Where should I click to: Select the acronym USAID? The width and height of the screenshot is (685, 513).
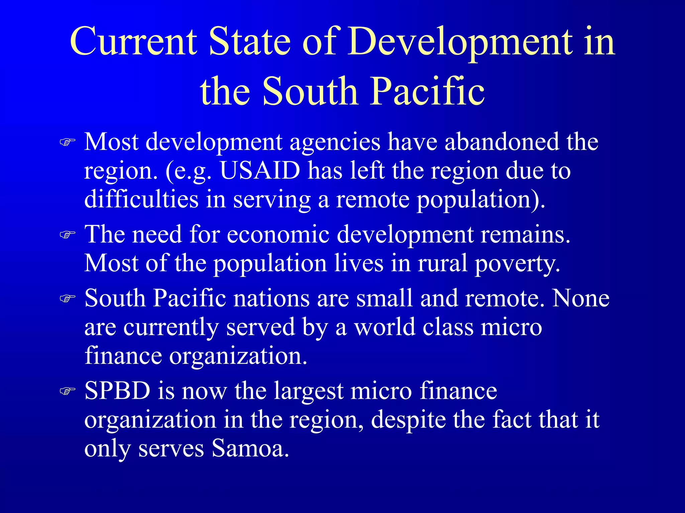tap(260, 171)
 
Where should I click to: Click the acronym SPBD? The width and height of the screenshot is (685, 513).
tap(117, 390)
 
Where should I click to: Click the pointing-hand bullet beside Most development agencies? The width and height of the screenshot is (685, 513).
tap(67, 142)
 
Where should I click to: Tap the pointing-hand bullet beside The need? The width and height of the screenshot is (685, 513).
tap(67, 235)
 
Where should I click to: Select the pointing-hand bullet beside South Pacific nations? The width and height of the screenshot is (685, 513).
tap(67, 298)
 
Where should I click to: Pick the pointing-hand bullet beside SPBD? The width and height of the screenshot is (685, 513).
tap(67, 391)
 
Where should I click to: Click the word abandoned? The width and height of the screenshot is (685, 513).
tap(501, 142)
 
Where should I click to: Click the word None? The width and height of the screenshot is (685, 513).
tap(581, 298)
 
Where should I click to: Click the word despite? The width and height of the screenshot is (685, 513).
tap(408, 420)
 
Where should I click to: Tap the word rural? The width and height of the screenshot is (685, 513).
tap(442, 263)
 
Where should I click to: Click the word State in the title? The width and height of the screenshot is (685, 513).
tap(250, 42)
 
